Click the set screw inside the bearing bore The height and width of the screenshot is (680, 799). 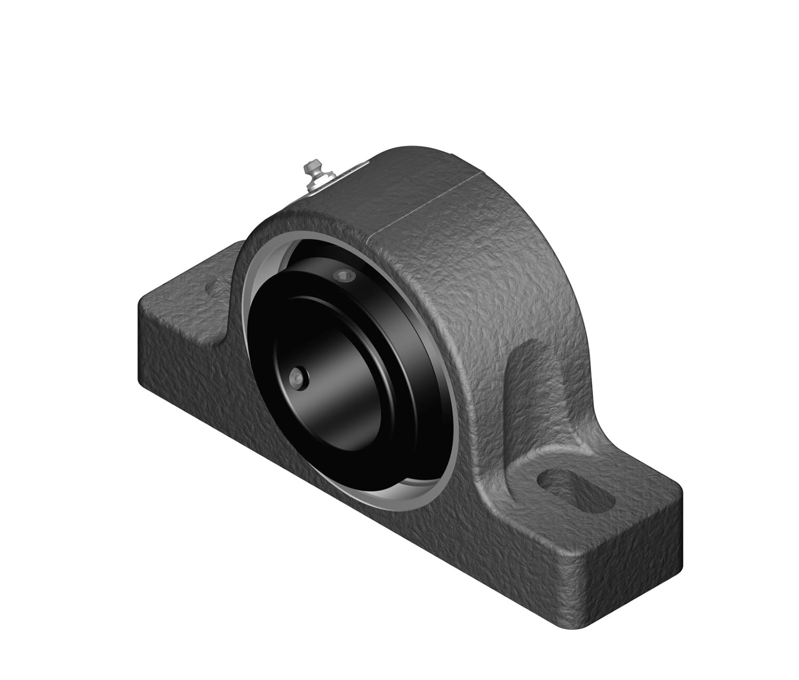[x=296, y=377]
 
